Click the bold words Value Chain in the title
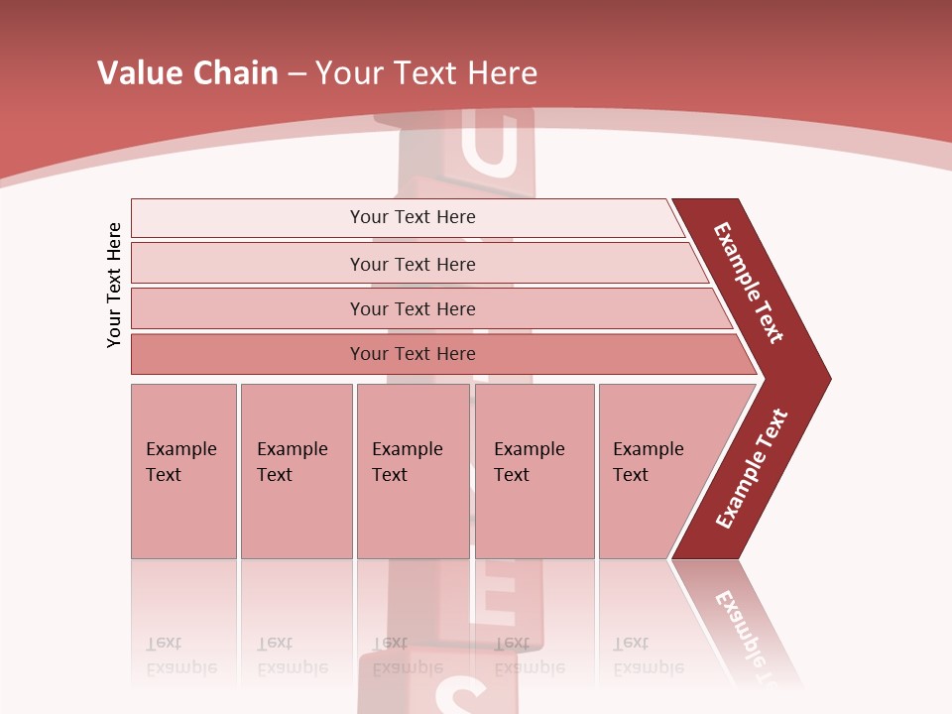click(x=187, y=73)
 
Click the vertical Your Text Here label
click(x=114, y=285)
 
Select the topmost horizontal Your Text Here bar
click(x=412, y=217)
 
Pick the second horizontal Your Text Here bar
click(x=412, y=264)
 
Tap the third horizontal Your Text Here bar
click(x=412, y=308)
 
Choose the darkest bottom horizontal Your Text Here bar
click(x=412, y=354)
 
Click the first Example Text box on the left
click(x=183, y=471)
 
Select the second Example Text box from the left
click(x=296, y=471)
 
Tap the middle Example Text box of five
click(x=413, y=471)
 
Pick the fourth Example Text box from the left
click(x=534, y=471)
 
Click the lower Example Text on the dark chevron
click(x=752, y=468)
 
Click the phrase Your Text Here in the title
click(x=426, y=73)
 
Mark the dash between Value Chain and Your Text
click(x=297, y=74)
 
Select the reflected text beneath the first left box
click(x=180, y=655)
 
